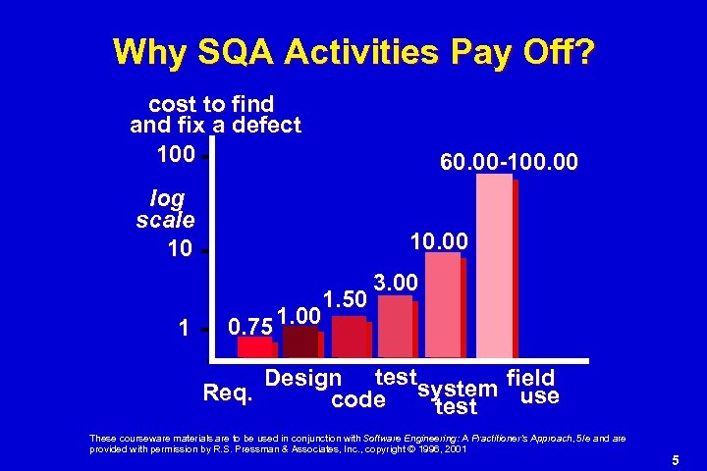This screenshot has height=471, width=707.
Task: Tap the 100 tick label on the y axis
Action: (x=175, y=154)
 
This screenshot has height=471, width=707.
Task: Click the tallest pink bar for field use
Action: (x=494, y=265)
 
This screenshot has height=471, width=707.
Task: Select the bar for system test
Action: (x=443, y=304)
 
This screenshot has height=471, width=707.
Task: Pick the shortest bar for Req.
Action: (x=255, y=346)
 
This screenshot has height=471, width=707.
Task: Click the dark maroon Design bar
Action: (x=299, y=340)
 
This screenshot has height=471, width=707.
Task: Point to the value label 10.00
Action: (x=439, y=239)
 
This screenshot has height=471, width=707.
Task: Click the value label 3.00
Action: (x=397, y=283)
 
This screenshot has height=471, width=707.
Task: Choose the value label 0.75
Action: (x=248, y=325)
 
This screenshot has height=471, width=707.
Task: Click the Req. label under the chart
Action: (x=228, y=394)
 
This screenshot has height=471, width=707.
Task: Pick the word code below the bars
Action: (x=358, y=400)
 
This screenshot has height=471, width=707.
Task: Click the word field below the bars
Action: (x=530, y=378)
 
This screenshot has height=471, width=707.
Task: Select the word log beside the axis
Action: (x=168, y=198)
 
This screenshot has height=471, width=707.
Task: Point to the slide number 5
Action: (x=676, y=459)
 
